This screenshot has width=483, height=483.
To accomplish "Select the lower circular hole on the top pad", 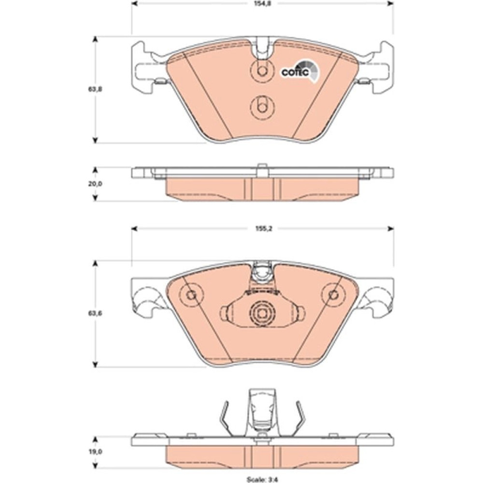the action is (262, 107).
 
